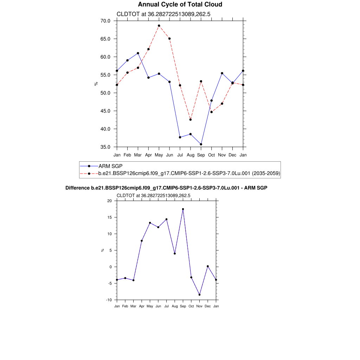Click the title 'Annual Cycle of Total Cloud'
pos(180,5)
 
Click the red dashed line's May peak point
pos(159,26)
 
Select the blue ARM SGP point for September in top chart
pos(201,144)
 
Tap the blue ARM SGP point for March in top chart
pos(138,53)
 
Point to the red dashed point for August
pos(191,120)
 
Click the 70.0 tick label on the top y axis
pos(105,21)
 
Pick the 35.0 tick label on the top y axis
pos(105,147)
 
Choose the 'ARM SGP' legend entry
pos(110,166)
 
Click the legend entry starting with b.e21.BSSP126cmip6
pos(189,173)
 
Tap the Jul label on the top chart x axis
pos(180,155)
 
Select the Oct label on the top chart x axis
pos(212,155)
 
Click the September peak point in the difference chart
pos(183,209)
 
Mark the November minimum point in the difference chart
pos(199,295)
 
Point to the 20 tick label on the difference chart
pos(109,201)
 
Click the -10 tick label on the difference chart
pos(109,300)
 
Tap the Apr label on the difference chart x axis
pos(142,306)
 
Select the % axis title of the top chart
pos(96,84)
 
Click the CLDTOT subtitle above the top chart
pos(163,14)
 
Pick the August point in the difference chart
pos(175,253)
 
